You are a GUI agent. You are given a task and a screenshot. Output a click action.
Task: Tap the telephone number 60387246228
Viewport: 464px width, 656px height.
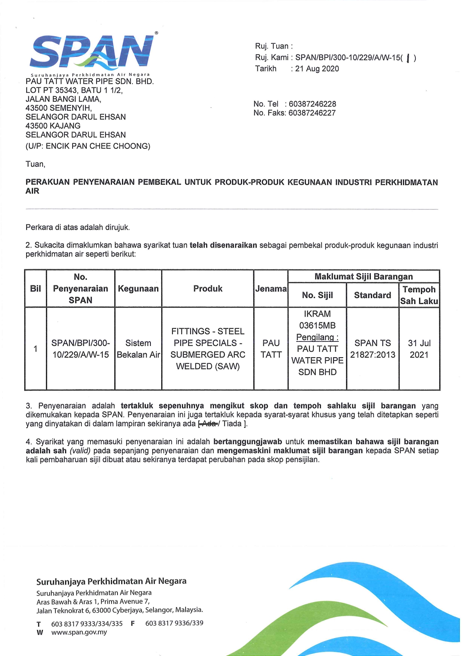point(312,104)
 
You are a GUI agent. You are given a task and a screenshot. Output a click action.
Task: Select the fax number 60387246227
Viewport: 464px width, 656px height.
point(312,113)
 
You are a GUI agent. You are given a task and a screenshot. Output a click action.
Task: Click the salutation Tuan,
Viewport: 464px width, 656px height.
point(36,164)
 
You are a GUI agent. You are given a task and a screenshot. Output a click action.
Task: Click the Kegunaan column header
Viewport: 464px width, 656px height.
point(138,289)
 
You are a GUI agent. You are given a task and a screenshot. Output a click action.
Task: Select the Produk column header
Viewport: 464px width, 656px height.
point(208,289)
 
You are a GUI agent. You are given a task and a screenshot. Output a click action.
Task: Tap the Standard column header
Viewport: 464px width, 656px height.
point(372,295)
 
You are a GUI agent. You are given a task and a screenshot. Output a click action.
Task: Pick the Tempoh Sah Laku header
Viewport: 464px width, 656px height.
point(419,295)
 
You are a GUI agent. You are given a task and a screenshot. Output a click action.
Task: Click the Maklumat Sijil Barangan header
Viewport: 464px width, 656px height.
point(363,277)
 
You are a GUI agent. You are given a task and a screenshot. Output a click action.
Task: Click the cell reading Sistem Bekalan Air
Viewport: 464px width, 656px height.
point(138,349)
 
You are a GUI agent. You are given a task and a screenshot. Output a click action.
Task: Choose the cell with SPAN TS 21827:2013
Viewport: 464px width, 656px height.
point(372,349)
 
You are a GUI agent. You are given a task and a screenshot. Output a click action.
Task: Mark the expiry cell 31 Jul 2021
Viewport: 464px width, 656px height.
point(419,349)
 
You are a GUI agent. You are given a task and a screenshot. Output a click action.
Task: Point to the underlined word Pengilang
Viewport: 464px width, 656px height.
point(317,337)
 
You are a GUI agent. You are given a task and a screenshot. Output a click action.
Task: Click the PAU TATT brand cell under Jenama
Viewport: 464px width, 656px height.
point(271,349)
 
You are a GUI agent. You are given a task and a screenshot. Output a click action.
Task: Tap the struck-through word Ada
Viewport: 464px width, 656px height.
point(210,424)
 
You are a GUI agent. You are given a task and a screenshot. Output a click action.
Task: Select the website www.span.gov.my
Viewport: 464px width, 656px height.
point(79,632)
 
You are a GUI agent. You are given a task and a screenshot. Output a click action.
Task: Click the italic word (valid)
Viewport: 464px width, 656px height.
point(80,451)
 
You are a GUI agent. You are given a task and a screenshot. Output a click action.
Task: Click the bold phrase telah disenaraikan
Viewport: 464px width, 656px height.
point(223,245)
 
